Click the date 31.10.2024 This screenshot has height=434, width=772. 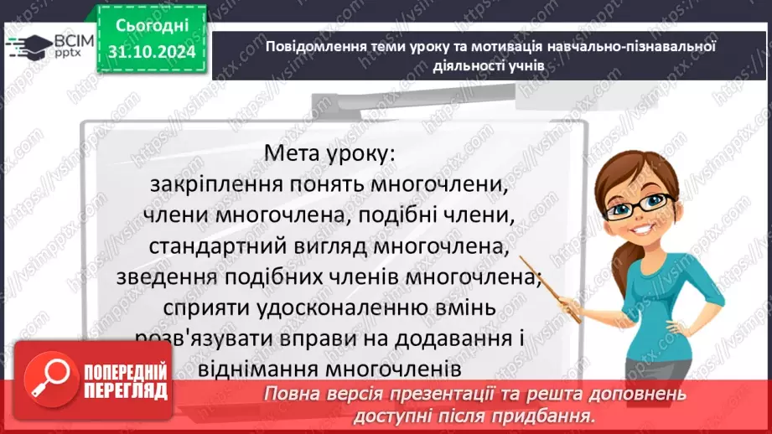pyautogui.click(x=153, y=53)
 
